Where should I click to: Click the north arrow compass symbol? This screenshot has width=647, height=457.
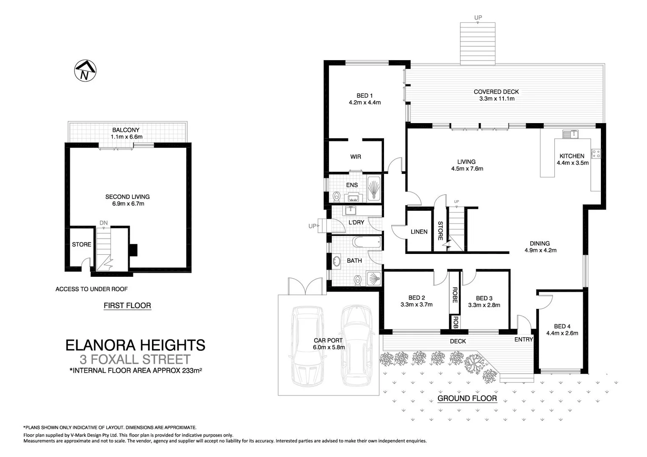tap(85, 71)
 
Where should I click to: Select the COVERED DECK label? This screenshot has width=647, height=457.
tap(496, 91)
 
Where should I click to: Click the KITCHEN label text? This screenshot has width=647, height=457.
tap(572, 156)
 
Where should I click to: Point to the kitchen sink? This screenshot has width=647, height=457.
tap(570, 134)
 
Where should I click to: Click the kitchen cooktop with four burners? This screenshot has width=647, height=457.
tap(596, 154)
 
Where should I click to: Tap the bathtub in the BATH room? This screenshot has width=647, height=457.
tap(367, 243)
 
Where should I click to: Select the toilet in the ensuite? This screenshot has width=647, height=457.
tap(337, 197)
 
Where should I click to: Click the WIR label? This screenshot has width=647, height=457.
tap(356, 157)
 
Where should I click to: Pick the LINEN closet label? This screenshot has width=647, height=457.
tap(419, 231)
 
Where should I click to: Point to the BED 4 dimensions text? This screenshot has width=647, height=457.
tap(562, 333)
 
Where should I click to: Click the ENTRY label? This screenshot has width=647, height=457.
tap(523, 339)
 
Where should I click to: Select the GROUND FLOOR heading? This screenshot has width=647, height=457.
tap(467, 398)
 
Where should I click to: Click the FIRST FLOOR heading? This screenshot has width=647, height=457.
tap(127, 306)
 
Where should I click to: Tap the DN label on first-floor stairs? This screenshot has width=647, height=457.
tap(103, 223)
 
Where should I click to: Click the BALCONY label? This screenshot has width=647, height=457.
tap(126, 130)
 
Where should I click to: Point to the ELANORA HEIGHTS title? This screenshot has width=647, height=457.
tap(135, 345)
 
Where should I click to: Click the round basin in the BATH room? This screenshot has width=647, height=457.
tap(337, 261)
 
